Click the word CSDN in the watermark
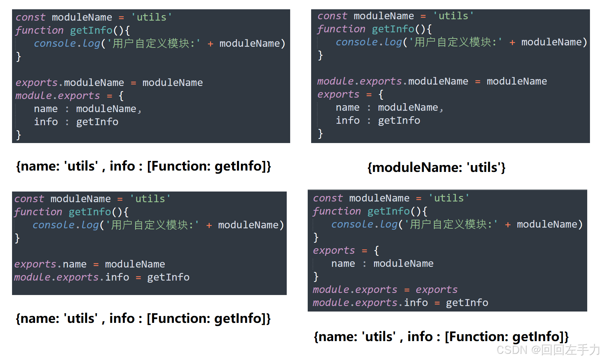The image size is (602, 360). click(512, 350)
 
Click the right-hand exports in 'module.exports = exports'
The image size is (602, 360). click(436, 290)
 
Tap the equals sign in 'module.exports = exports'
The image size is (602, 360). click(407, 290)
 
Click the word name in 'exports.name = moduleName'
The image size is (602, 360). click(75, 264)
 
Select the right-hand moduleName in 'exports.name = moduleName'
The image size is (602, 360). click(135, 264)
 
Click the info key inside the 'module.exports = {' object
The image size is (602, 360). click(46, 122)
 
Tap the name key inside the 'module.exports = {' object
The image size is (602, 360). click(46, 109)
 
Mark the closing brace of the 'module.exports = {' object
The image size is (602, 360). click(19, 135)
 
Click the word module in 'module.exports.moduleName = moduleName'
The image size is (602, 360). click(335, 81)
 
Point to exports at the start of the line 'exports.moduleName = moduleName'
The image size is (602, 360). click(36, 83)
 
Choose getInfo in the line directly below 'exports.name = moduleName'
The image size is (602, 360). click(168, 277)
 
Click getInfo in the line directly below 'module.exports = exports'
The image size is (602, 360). click(467, 303)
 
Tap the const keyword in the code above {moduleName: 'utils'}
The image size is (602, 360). click(332, 16)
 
